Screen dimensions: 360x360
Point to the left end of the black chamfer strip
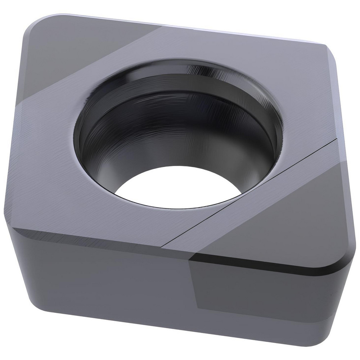[193, 256]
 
